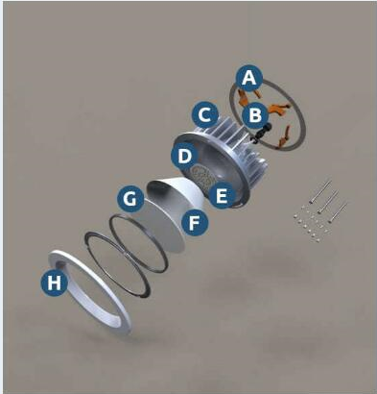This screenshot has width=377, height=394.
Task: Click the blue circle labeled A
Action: click(x=249, y=78)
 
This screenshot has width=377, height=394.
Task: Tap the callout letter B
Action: click(x=255, y=115)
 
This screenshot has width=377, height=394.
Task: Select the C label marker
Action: click(x=205, y=114)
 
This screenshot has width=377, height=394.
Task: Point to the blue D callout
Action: click(x=184, y=157)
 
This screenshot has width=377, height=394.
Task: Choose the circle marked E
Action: click(x=222, y=195)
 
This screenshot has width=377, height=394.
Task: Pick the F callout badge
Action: click(x=195, y=223)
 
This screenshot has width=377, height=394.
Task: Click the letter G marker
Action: click(x=130, y=199)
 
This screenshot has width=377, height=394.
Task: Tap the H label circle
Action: click(x=55, y=283)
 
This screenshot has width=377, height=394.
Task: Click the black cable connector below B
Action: click(x=261, y=133)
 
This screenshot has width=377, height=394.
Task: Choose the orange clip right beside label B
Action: click(x=277, y=109)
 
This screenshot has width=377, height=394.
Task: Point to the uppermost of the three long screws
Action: click(x=320, y=191)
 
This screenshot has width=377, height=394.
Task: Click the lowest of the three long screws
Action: click(x=338, y=212)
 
